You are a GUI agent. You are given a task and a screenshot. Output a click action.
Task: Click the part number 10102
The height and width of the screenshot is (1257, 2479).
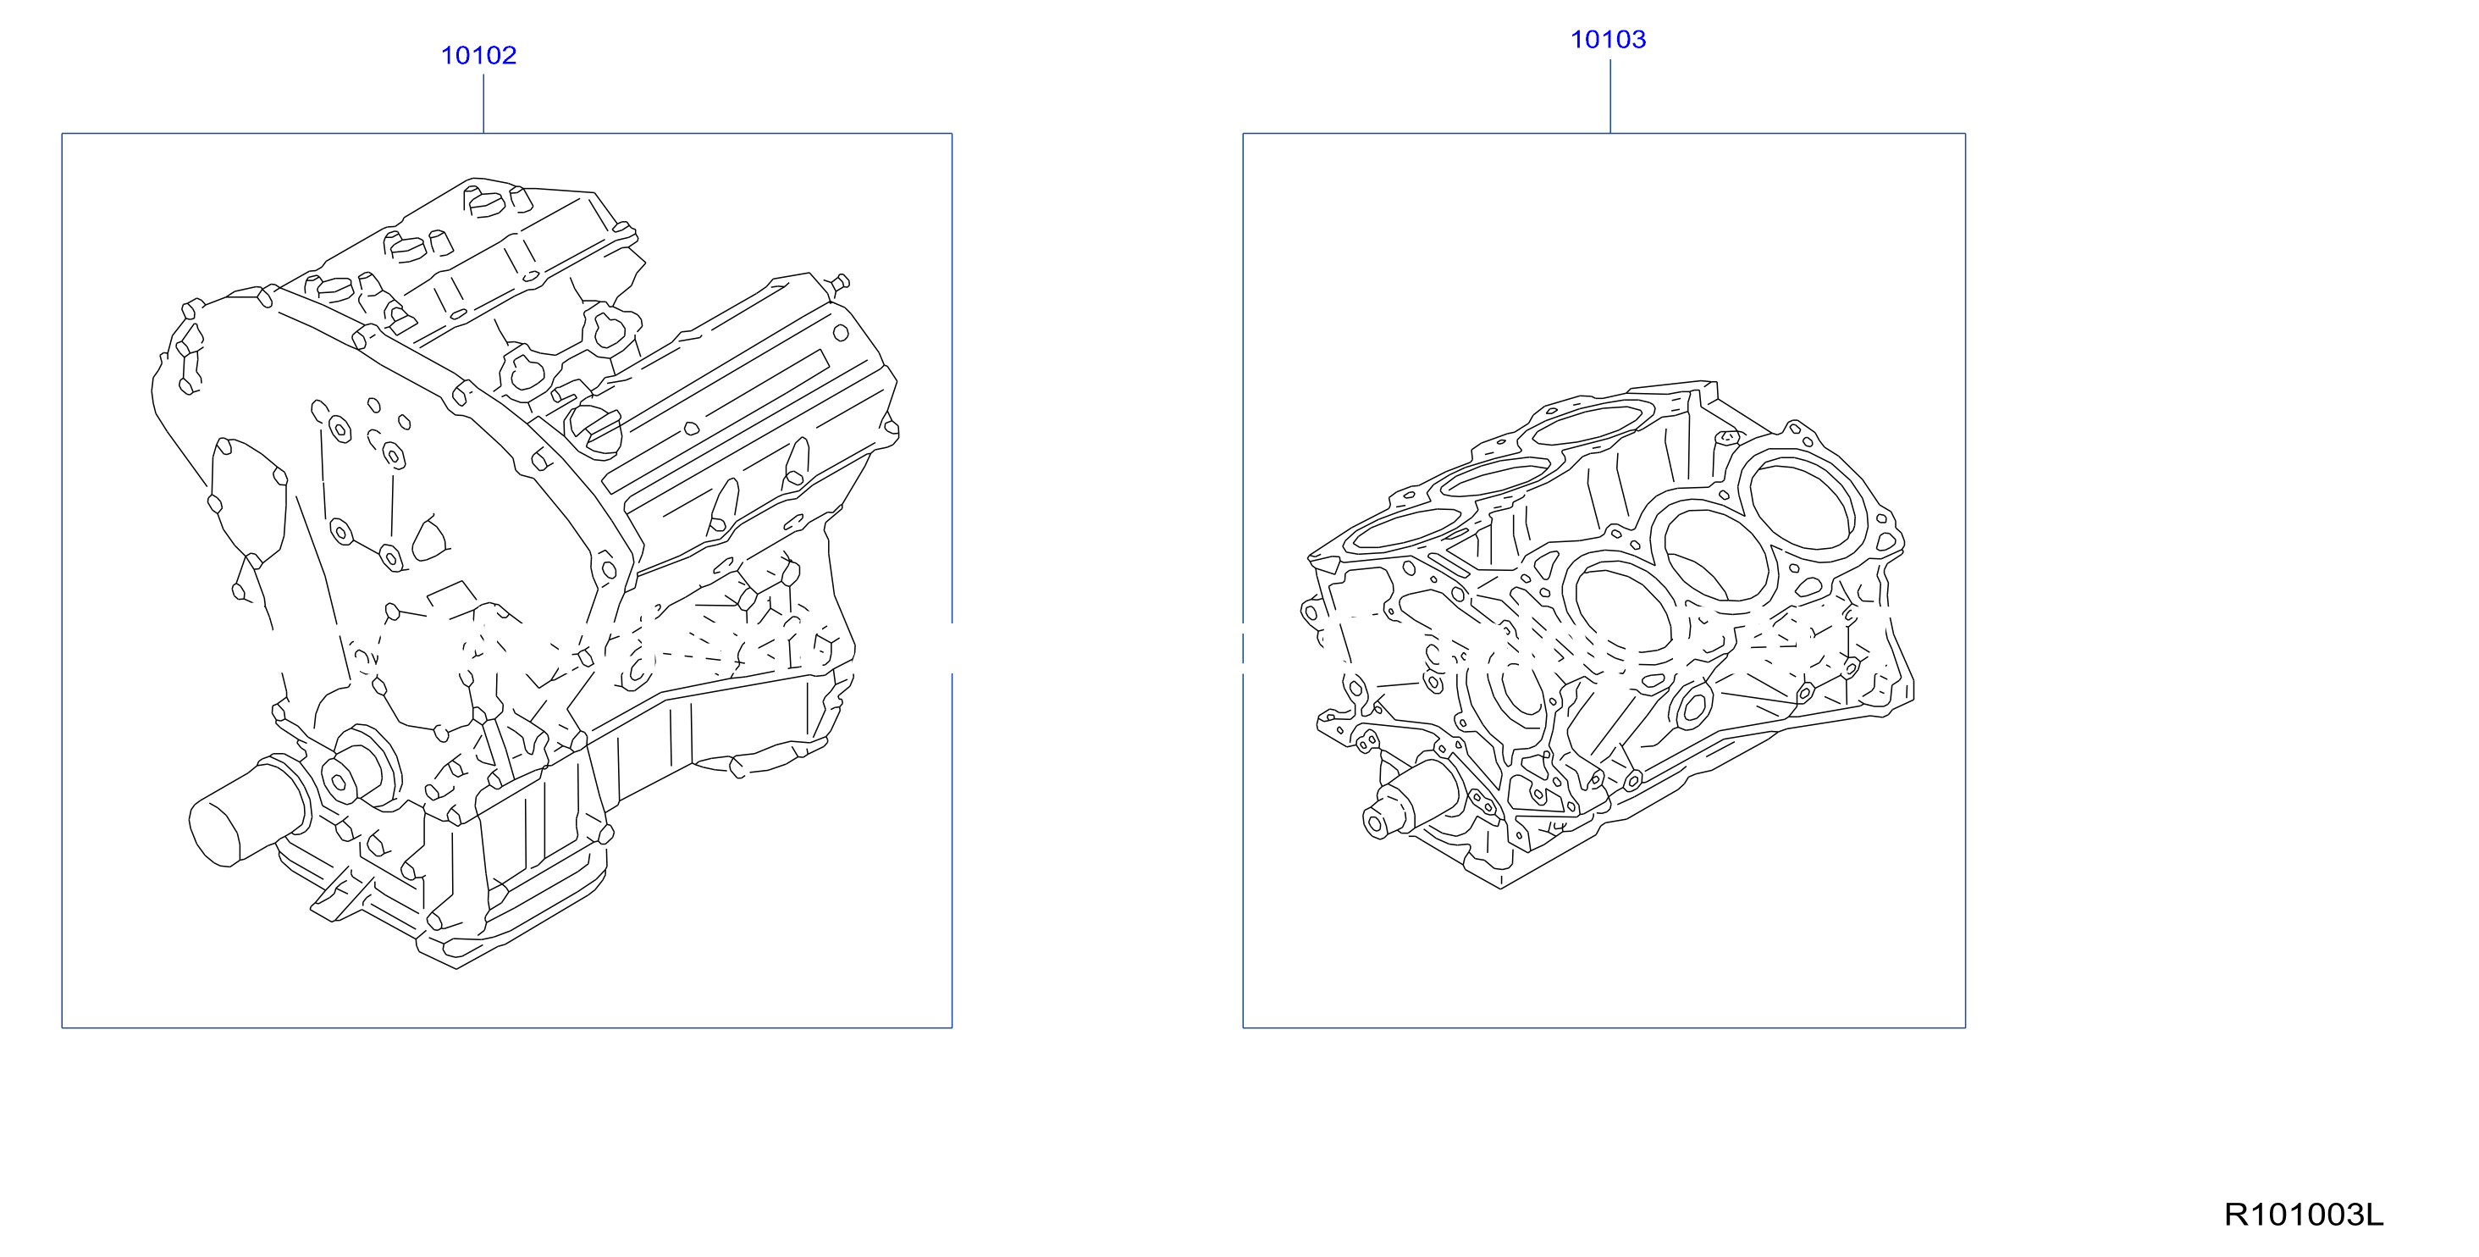coord(478,56)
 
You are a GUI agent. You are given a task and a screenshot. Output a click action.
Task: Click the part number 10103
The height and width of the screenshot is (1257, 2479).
coord(1608,40)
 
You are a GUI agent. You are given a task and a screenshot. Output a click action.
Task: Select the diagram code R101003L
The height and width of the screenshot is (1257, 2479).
coord(2304,1215)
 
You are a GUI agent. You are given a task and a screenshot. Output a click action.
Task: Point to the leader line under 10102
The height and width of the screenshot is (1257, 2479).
coord(483,104)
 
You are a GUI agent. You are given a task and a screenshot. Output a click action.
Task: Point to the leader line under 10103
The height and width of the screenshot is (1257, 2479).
coord(1610,97)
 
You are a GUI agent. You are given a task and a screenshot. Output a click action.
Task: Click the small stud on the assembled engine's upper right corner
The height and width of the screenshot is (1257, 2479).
coord(838,283)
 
